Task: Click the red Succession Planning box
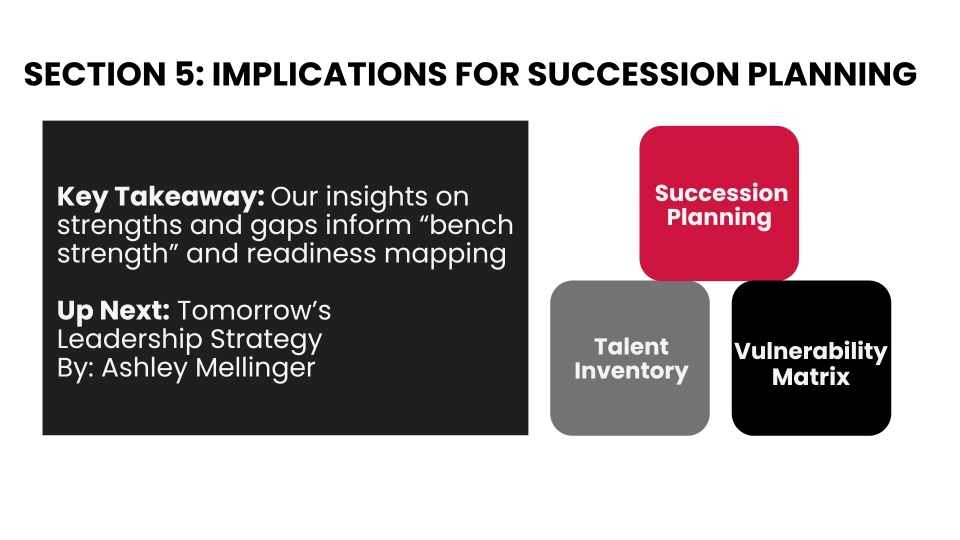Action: coord(719,203)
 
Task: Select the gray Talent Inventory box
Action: coord(630,358)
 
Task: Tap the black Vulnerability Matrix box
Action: coord(811,358)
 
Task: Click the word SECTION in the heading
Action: coord(95,74)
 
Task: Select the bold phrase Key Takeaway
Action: coord(160,197)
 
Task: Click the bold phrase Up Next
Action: coord(113,311)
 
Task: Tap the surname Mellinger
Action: coord(255,368)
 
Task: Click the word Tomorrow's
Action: coord(254,310)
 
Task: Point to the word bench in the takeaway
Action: coord(471,225)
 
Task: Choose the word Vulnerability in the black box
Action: coord(811,351)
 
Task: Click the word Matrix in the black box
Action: coord(811,376)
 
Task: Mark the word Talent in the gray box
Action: coord(631,346)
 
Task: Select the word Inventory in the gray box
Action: coord(631,371)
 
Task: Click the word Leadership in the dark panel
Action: coord(130,340)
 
